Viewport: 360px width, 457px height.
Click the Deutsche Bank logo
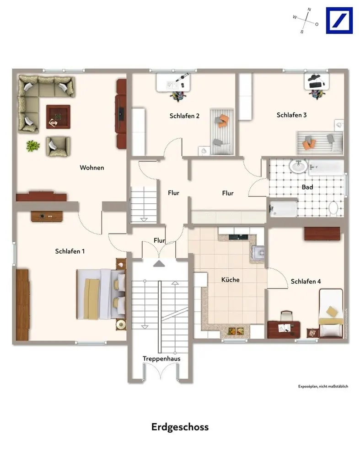[x=339, y=21]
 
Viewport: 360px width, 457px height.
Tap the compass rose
[x=306, y=21]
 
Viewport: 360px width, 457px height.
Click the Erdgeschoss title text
[x=180, y=427]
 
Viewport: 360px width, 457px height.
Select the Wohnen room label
[x=92, y=168]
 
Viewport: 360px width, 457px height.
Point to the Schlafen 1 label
[x=70, y=251]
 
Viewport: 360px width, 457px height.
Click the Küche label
[x=230, y=280]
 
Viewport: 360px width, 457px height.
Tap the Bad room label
[x=307, y=187]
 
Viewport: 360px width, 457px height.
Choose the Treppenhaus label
[x=161, y=359]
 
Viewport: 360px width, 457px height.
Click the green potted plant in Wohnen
[x=32, y=146]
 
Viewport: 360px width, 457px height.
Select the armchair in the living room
[x=58, y=146]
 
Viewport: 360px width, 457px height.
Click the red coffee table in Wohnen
[x=58, y=117]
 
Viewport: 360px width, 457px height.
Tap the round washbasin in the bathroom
[x=298, y=166]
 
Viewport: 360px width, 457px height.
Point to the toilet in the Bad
[x=333, y=208]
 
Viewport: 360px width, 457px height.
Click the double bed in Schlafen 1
[x=101, y=294]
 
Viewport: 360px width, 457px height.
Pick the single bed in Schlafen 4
[x=331, y=313]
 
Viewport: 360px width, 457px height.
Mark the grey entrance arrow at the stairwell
[x=159, y=264]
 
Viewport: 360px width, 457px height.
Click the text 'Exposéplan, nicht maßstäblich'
[x=323, y=387]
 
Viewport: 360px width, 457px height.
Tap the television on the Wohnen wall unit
[x=121, y=113]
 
